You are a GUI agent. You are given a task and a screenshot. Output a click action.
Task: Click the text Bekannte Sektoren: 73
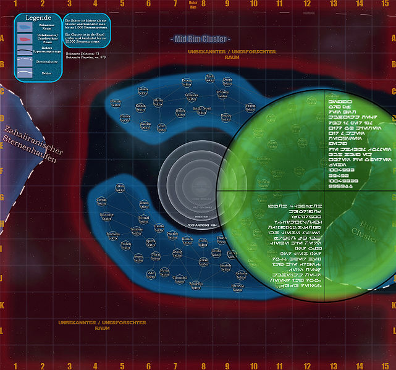pos(83,54)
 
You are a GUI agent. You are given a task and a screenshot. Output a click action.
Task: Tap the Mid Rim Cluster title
pos(199,40)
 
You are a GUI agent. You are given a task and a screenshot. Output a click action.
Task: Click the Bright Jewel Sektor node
pos(203,109)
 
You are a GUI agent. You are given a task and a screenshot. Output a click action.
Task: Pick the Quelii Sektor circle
pos(180,111)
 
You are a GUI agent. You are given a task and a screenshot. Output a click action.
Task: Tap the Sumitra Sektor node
pos(250,107)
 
